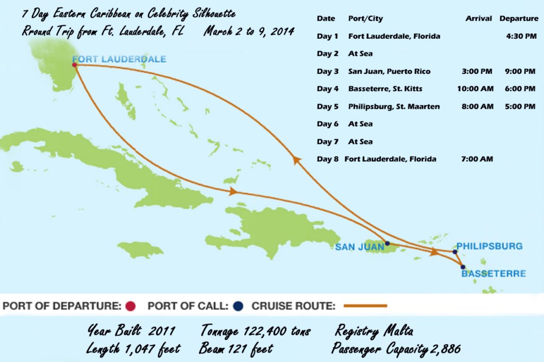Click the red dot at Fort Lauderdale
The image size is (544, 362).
coord(74,65)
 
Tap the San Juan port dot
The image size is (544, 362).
coord(387,244)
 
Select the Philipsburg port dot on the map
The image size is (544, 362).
coord(455,252)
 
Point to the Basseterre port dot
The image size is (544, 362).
coord(463,267)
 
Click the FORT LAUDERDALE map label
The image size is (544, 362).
coord(119,59)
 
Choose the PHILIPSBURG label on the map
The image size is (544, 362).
coord(489,246)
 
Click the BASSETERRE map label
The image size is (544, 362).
coord(494,274)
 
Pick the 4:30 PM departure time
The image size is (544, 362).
coord(521,36)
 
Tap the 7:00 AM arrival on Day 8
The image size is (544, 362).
coord(480,159)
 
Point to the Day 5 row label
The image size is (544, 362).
coord(327,106)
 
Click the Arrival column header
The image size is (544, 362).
coord(478,19)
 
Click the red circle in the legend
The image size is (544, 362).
coord(131,306)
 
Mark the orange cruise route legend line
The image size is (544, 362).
coord(365,306)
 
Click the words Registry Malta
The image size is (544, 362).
coord(374,331)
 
